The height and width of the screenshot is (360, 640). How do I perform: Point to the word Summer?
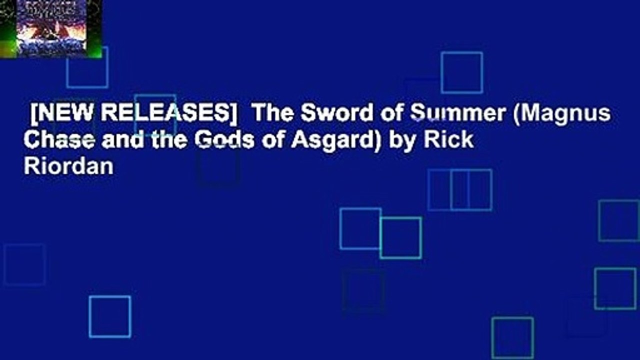coord(457,114)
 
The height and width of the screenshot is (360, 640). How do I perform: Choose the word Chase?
coord(55,140)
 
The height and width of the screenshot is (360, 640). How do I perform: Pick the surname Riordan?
coord(68,166)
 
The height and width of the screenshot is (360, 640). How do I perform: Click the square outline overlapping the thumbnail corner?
coord(87,67)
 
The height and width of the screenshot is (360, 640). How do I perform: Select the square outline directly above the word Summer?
coord(461,72)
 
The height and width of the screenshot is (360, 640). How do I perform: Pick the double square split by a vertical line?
coord(460,190)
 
